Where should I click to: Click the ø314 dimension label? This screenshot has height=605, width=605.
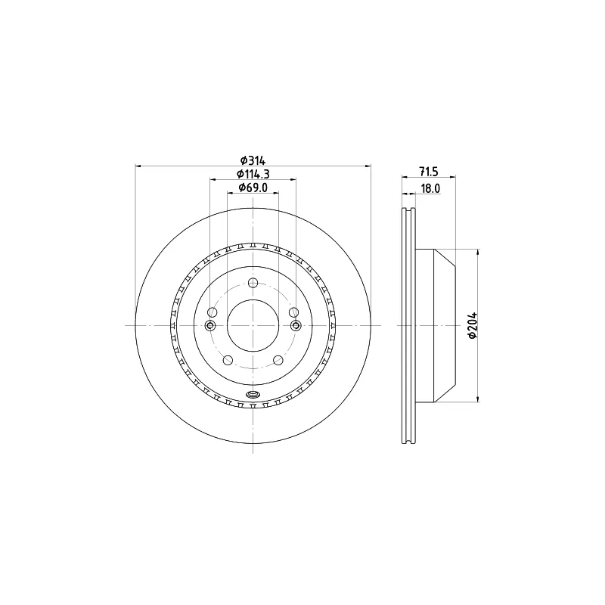(x=253, y=160)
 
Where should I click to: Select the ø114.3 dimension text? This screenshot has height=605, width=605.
(x=253, y=174)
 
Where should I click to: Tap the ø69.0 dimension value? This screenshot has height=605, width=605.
(x=253, y=188)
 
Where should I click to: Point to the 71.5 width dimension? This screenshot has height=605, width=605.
(x=429, y=172)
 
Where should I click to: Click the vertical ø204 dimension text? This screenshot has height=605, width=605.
(x=473, y=326)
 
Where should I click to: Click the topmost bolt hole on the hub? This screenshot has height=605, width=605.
(x=253, y=283)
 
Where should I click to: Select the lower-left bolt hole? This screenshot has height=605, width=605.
(x=228, y=361)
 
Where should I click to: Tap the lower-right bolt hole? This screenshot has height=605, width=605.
(x=278, y=361)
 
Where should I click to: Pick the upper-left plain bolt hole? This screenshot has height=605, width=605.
(x=213, y=312)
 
